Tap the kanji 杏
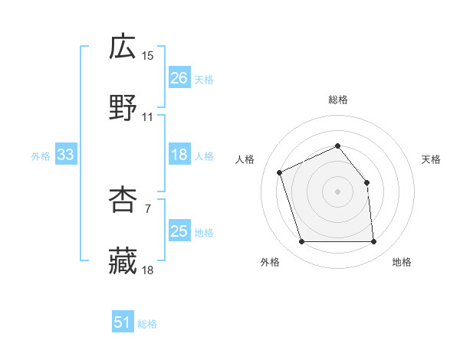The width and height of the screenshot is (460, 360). pos(123,200)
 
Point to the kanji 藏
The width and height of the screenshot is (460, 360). pos(123,260)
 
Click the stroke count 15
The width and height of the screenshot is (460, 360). pos(148,56)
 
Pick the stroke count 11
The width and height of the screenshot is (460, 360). pos(148,117)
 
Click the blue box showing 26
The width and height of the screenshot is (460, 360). pos(179,78)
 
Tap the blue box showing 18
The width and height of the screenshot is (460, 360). pos(179,155)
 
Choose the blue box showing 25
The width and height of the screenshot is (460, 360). pos(179,231)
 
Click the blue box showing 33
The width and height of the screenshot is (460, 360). pos(65,155)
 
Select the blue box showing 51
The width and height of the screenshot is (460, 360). pos(123,322)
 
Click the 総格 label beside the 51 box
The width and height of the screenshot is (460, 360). pos(147,324)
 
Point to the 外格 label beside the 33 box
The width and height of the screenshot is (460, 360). pos(41,156)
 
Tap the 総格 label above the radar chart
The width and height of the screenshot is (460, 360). pos(338,100)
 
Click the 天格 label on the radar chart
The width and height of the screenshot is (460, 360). pos(432,159)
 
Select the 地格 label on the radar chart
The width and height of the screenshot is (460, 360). pos(402,262)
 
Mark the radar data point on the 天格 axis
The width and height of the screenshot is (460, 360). pos(366,182)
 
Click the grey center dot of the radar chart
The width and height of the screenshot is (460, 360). pos(337,191)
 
